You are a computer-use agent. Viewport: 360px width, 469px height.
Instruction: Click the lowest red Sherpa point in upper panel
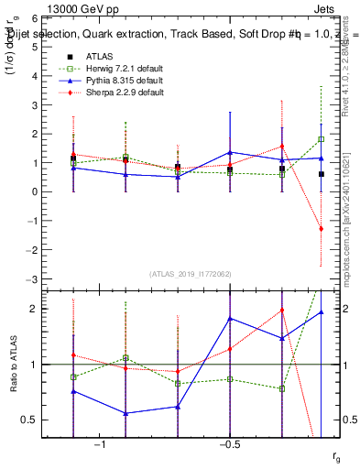coord(321,229)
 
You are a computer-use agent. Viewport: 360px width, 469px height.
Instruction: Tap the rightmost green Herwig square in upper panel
coord(321,139)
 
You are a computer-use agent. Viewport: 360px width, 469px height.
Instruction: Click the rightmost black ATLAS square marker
coord(321,174)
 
